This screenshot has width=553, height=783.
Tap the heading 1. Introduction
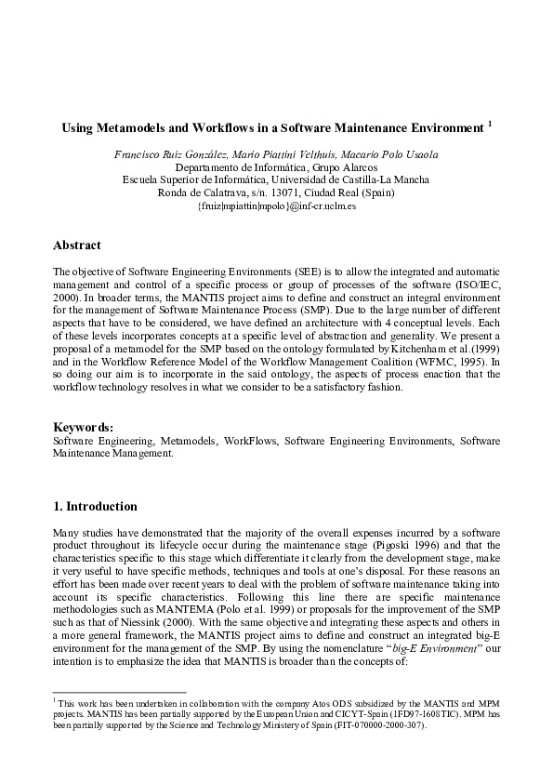(x=95, y=507)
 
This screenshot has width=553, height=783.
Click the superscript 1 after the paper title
(x=490, y=123)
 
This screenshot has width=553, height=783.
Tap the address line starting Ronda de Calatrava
(x=276, y=192)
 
